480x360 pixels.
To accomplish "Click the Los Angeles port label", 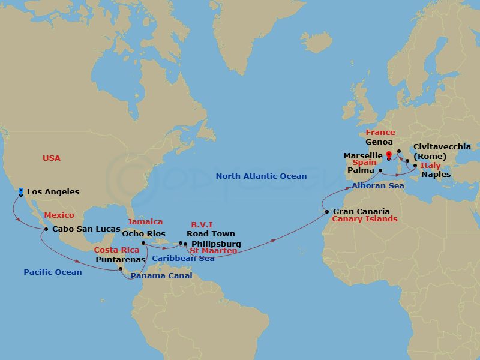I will click(x=53, y=192).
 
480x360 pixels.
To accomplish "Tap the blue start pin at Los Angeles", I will click(x=21, y=191).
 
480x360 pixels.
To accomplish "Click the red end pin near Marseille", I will click(x=389, y=155).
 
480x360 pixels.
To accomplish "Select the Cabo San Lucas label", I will click(x=86, y=229).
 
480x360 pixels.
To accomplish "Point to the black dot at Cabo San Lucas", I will click(x=46, y=229).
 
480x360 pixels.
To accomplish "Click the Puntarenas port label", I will click(x=121, y=260).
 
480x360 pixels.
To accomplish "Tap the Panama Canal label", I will click(x=161, y=276).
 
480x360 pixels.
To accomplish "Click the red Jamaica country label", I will click(x=145, y=221).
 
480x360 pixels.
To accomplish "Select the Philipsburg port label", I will click(x=216, y=244).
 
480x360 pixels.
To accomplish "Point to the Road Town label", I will click(x=211, y=233).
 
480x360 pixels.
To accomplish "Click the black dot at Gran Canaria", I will click(x=326, y=211).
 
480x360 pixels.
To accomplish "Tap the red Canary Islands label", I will click(x=365, y=219).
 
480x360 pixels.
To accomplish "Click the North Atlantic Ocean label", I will click(x=261, y=176).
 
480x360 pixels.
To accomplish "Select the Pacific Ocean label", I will click(x=53, y=272).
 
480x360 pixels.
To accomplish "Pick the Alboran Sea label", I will click(x=378, y=186).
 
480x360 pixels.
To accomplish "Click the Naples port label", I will click(x=436, y=175).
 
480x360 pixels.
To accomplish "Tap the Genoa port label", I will click(x=379, y=142).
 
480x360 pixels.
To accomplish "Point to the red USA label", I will click(x=52, y=158).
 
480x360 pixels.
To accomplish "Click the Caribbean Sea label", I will click(x=183, y=259).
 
